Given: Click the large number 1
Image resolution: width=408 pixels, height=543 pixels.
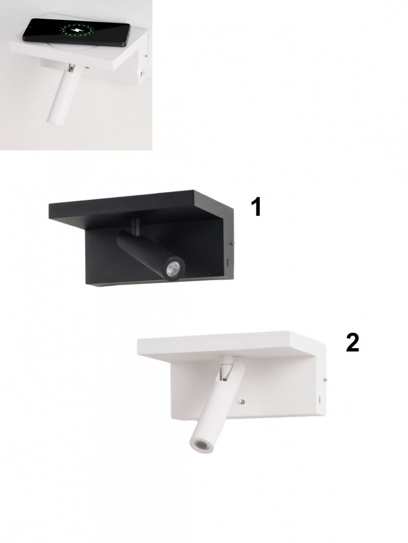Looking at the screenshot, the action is pos(256,207).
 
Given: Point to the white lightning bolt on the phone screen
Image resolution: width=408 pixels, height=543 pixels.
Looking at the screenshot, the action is pos(77,31).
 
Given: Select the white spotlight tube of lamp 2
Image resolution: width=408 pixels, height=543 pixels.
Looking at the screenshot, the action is pos(216,409).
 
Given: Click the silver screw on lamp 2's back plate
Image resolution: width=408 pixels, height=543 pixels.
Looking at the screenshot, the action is pos(242,402).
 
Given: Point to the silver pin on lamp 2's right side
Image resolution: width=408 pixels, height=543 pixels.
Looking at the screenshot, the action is pos(326,380).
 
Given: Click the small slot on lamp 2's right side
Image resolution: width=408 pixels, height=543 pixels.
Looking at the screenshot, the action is pos(319,400).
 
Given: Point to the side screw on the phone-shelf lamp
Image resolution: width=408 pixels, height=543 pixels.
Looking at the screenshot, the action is pos(147,55).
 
